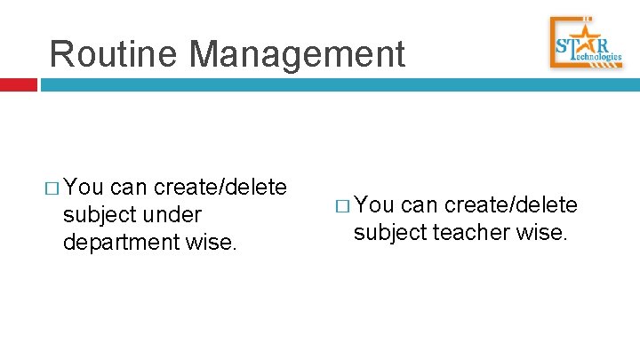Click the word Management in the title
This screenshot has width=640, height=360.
click(297, 53)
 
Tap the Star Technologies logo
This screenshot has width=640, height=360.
click(587, 43)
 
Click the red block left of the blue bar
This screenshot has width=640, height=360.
click(18, 85)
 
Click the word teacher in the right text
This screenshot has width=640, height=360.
click(475, 234)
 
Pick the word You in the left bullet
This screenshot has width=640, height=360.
click(84, 187)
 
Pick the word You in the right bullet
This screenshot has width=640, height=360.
click(374, 206)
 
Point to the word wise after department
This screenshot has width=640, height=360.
click(212, 243)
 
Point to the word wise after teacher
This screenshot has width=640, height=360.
click(542, 234)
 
